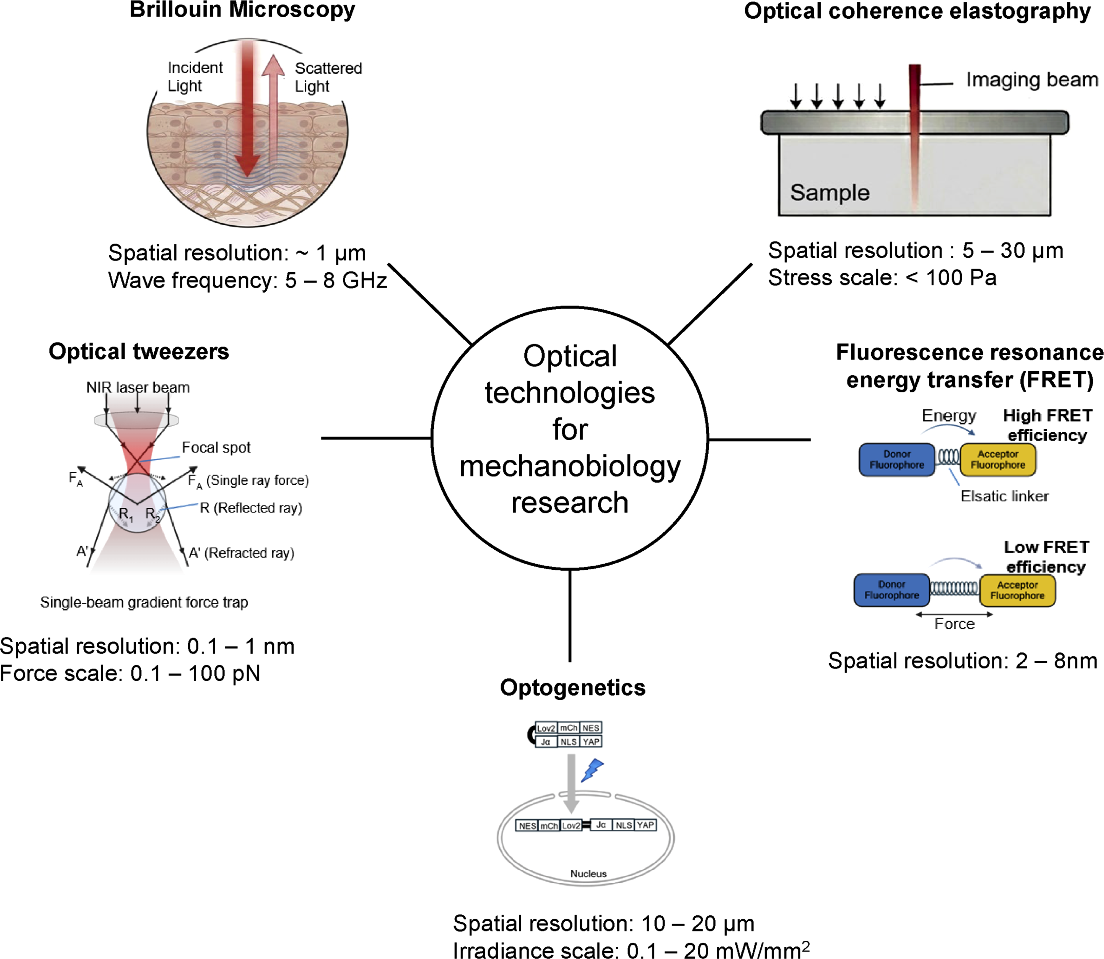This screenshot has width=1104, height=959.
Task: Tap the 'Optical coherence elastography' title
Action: (917, 11)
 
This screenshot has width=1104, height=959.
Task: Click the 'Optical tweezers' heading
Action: (139, 352)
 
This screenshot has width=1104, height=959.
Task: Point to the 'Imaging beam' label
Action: (1032, 80)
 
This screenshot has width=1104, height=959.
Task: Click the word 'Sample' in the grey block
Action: (830, 193)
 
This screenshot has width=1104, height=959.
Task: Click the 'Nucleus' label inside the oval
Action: (588, 874)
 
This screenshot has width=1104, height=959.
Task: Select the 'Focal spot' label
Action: (216, 447)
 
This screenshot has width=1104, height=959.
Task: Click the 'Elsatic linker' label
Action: (1005, 496)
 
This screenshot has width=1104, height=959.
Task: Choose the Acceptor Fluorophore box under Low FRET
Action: (1017, 591)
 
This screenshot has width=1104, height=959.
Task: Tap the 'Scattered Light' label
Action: (328, 77)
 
